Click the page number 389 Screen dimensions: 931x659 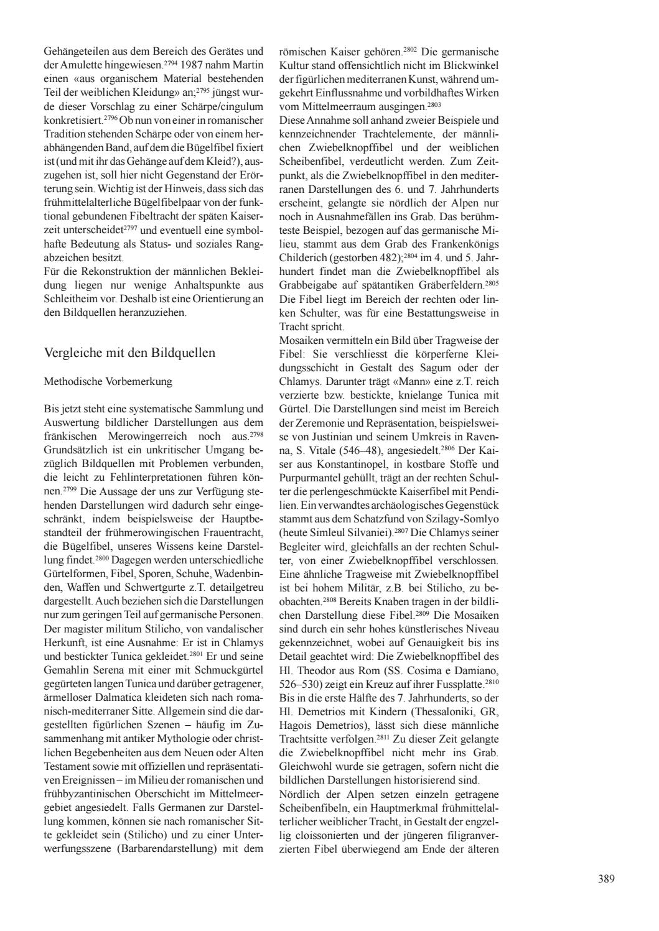[x=606, y=879]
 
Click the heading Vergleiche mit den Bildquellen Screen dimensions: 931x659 [x=129, y=353]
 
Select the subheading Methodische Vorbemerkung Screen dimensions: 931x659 [x=108, y=381]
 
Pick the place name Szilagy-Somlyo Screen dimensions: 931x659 [x=462, y=517]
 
